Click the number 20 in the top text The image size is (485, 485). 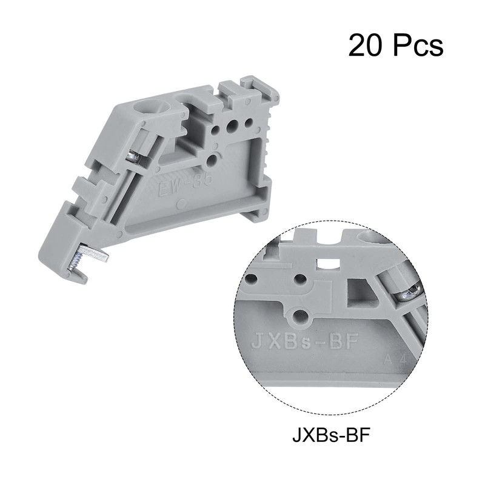point(367,45)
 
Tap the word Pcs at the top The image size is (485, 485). point(418,45)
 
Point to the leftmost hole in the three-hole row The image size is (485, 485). point(215,129)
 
